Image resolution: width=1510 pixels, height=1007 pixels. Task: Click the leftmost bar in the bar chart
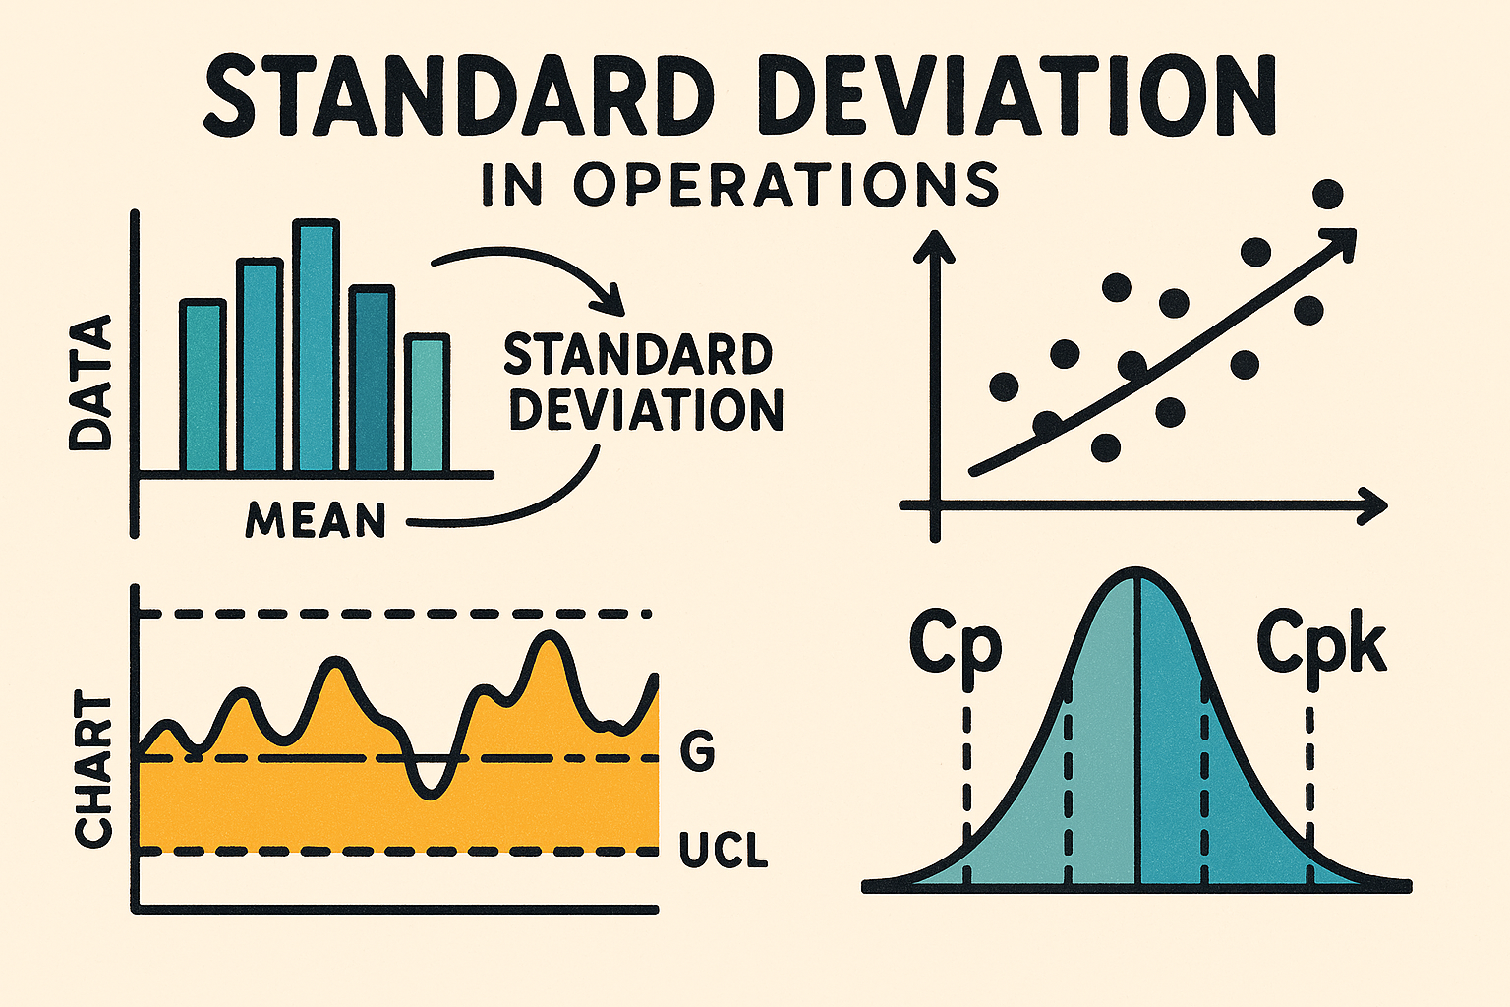203,385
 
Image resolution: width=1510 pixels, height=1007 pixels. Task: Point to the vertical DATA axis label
90,384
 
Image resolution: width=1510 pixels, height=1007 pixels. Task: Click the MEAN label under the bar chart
316,521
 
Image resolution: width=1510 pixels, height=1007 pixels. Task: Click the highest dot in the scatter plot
1327,195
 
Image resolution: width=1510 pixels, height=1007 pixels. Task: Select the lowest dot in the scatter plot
1106,447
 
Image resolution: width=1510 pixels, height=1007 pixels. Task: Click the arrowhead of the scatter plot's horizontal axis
1375,506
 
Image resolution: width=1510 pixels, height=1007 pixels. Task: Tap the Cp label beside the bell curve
955,644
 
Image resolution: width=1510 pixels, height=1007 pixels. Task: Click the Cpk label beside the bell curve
1321,644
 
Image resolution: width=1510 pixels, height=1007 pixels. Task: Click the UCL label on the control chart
723,851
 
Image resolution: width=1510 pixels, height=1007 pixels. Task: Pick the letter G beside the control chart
697,753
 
